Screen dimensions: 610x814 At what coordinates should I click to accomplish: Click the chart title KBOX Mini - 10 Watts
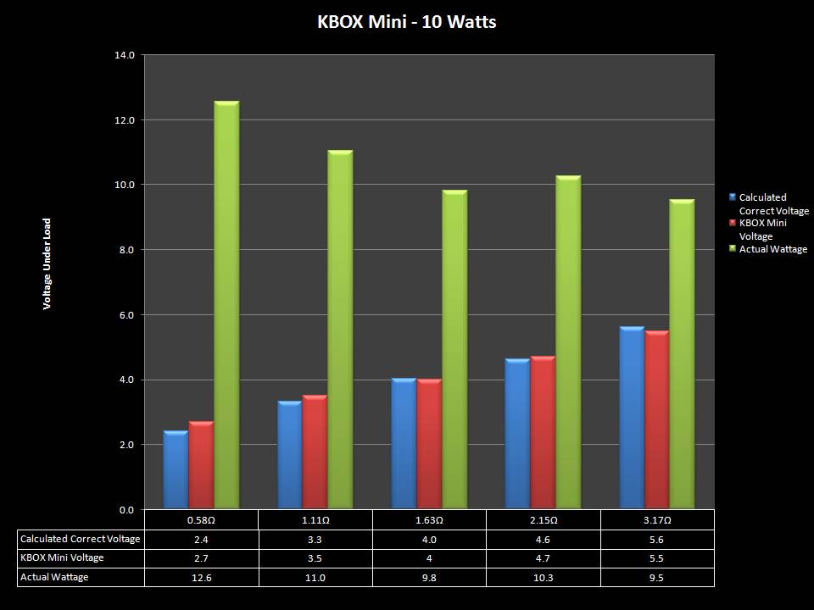pyautogui.click(x=407, y=22)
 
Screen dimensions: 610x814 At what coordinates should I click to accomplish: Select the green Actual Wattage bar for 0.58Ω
pyautogui.click(x=226, y=305)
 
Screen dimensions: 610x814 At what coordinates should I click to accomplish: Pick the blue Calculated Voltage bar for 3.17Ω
pyautogui.click(x=632, y=418)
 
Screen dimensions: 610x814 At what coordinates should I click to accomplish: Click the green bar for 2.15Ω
pyautogui.click(x=568, y=342)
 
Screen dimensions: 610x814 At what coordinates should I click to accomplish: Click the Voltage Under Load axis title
pyautogui.click(x=47, y=263)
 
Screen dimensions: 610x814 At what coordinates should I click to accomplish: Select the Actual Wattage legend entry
pyautogui.click(x=772, y=250)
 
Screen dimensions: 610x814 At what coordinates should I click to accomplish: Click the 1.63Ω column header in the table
pyautogui.click(x=429, y=520)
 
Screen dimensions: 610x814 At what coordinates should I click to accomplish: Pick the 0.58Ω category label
pyautogui.click(x=201, y=520)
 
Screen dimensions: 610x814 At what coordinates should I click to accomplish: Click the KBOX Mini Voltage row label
pyautogui.click(x=62, y=557)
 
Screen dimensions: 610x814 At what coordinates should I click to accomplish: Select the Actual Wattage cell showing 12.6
pyautogui.click(x=201, y=577)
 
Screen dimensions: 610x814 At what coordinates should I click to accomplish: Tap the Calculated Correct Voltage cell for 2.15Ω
pyautogui.click(x=543, y=539)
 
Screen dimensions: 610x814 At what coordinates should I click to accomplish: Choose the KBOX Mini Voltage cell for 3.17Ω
pyautogui.click(x=657, y=558)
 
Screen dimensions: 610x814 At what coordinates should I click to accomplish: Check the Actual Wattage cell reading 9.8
pyautogui.click(x=429, y=577)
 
